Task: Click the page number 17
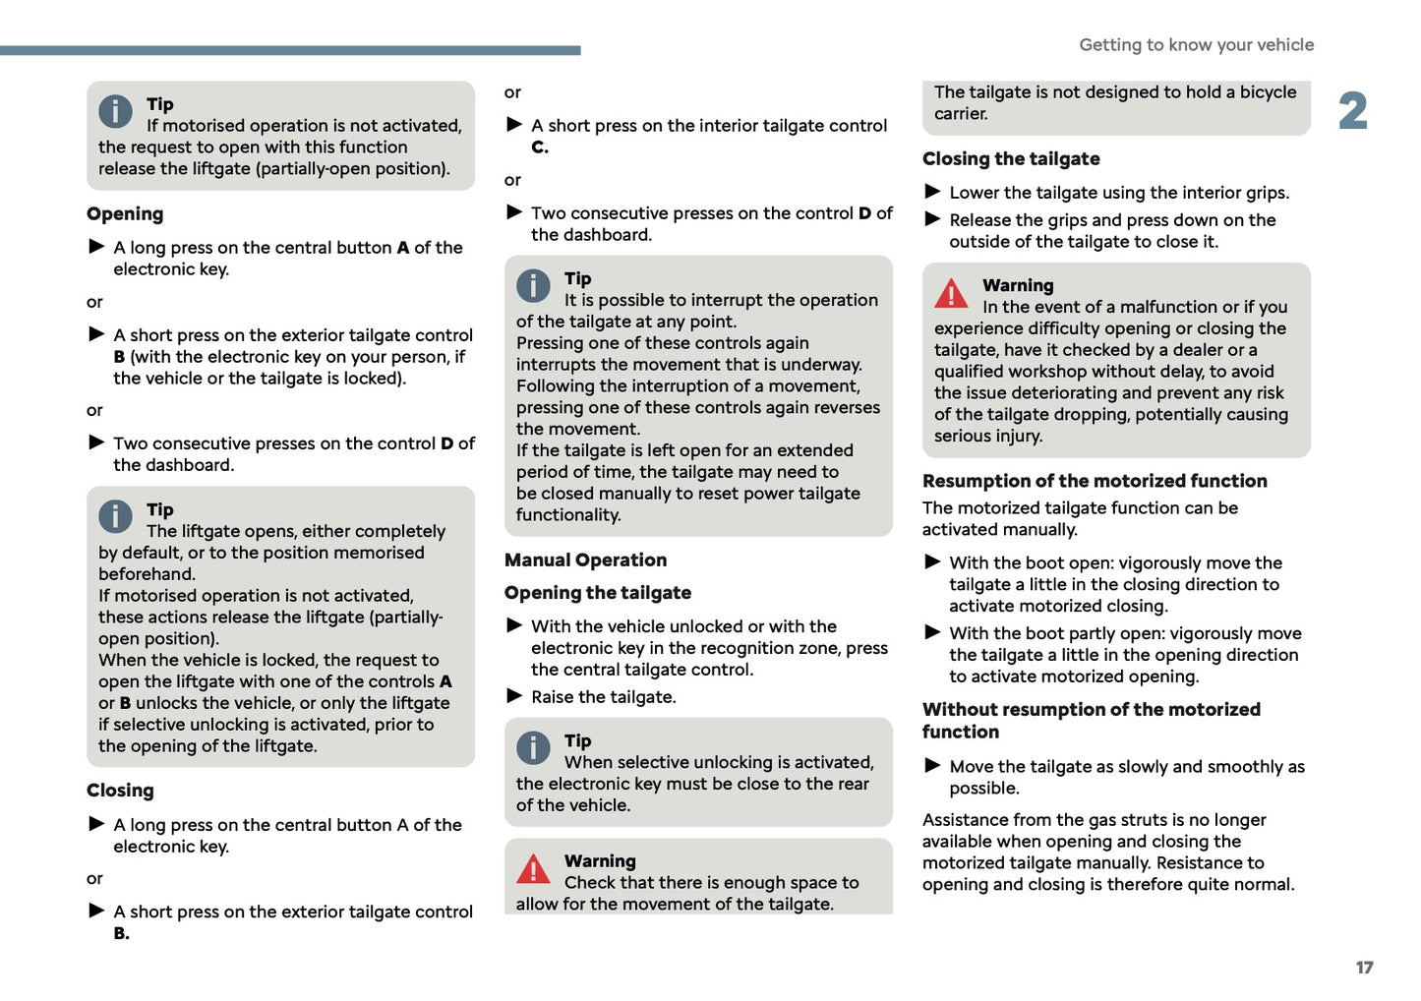coord(1364,968)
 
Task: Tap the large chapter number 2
coord(1352,111)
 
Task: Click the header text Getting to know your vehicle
coord(1196,44)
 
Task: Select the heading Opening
coord(125,214)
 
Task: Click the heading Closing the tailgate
coord(1011,159)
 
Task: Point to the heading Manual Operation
coord(585,560)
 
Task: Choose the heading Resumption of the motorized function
coord(1095,481)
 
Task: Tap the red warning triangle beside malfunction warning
coord(951,293)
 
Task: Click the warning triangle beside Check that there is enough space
coord(533,869)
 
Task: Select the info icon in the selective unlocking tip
coord(533,748)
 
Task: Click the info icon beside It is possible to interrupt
coord(533,286)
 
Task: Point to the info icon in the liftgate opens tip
coord(115,517)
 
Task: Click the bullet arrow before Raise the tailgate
coord(514,696)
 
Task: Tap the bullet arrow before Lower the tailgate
coord(932,192)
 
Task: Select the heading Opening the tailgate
coord(598,593)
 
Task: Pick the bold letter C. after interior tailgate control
coord(540,147)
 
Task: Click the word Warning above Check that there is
coord(600,861)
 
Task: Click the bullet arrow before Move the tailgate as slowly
coord(932,766)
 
